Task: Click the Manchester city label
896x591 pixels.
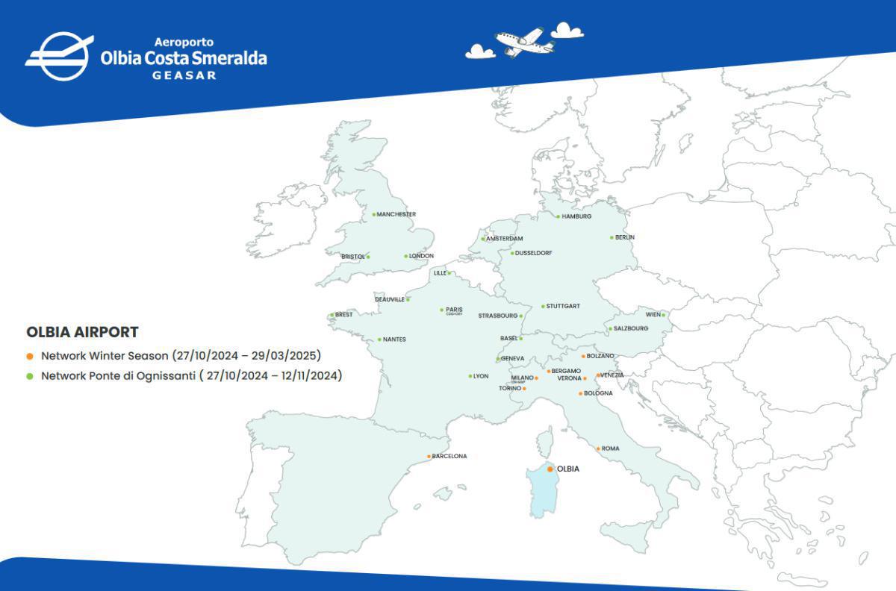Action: point(396,215)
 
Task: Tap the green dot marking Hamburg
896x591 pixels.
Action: point(558,216)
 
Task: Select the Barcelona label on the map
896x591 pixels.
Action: point(449,456)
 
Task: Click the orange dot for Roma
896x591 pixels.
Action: point(598,448)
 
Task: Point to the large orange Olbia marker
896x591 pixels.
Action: point(550,469)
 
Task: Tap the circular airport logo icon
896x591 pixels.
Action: point(59,56)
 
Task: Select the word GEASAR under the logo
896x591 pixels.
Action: point(184,75)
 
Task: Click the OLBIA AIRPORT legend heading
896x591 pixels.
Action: point(82,332)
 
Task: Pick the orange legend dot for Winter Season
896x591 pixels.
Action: point(30,356)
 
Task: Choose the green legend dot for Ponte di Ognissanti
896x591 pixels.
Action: point(30,376)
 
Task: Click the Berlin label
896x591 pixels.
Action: point(625,237)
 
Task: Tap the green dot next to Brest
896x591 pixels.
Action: point(332,315)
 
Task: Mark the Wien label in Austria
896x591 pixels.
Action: point(653,315)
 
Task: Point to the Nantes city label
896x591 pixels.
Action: point(394,340)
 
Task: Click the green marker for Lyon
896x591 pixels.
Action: point(470,376)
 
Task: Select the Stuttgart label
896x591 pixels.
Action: point(563,306)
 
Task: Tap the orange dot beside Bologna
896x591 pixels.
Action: point(580,393)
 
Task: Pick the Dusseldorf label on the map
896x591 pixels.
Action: point(534,253)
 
